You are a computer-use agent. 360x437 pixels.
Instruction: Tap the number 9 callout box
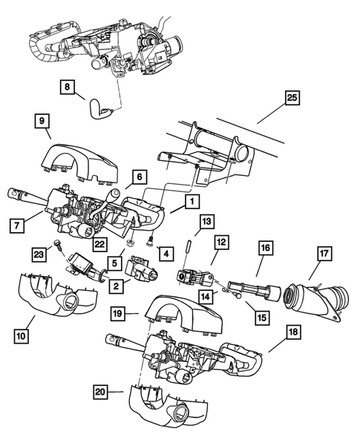tap(42, 119)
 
